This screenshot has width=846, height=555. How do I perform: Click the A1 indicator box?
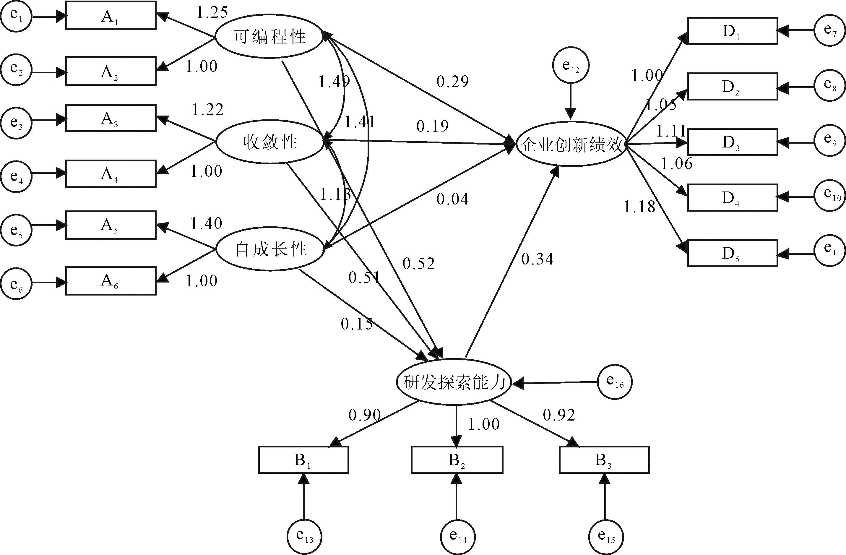111,16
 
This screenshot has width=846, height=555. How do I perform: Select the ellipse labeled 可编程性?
269,37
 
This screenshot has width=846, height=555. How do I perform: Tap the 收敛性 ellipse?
269,142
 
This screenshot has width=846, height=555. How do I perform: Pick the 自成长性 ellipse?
270,249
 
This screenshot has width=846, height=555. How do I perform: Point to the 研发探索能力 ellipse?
454,382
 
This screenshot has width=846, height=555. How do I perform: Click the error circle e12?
571,65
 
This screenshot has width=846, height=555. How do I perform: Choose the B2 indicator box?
457,460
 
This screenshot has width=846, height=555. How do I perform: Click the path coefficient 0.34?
537,259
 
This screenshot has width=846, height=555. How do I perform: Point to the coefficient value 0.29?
452,82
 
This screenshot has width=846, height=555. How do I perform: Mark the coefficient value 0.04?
452,199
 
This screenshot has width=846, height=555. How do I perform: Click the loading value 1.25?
212,13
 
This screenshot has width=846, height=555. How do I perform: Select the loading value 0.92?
559,415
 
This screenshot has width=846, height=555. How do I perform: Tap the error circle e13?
304,536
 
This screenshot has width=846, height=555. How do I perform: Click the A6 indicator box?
111,281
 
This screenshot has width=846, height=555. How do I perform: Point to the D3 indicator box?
732,142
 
